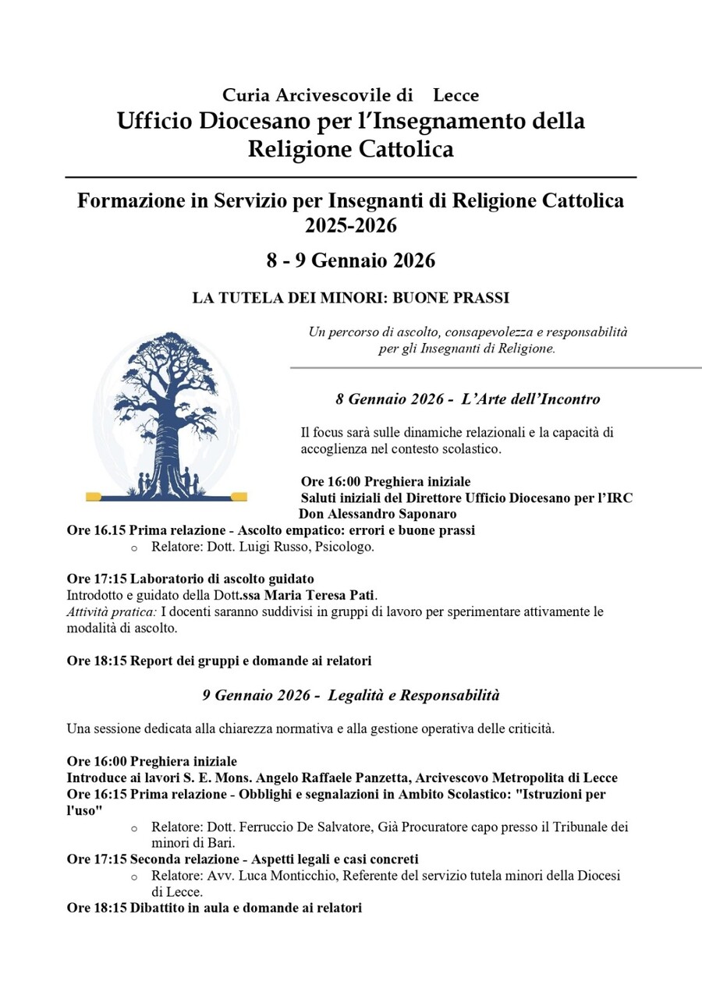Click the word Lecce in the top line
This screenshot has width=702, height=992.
tap(456, 96)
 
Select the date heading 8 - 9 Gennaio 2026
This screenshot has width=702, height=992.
tap(350, 260)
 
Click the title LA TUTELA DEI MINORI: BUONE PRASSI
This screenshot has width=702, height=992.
tap(350, 298)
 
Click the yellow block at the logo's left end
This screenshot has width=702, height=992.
tap(94, 496)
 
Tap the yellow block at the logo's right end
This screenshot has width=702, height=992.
tap(239, 496)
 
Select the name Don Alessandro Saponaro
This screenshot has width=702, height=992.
tap(378, 514)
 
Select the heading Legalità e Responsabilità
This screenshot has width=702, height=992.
tap(413, 694)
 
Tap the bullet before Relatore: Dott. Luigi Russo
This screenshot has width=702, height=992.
tap(134, 548)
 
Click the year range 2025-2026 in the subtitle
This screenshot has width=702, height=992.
tap(350, 226)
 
